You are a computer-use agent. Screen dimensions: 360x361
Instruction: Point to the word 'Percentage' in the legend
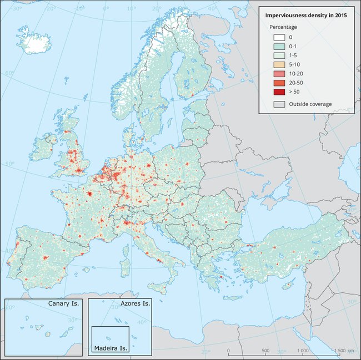click(x=283, y=27)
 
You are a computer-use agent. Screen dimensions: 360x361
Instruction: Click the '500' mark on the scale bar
click(x=265, y=351)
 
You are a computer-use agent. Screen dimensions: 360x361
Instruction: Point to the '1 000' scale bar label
click(x=303, y=351)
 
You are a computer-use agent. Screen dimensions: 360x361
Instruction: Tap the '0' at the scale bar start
click(x=228, y=351)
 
